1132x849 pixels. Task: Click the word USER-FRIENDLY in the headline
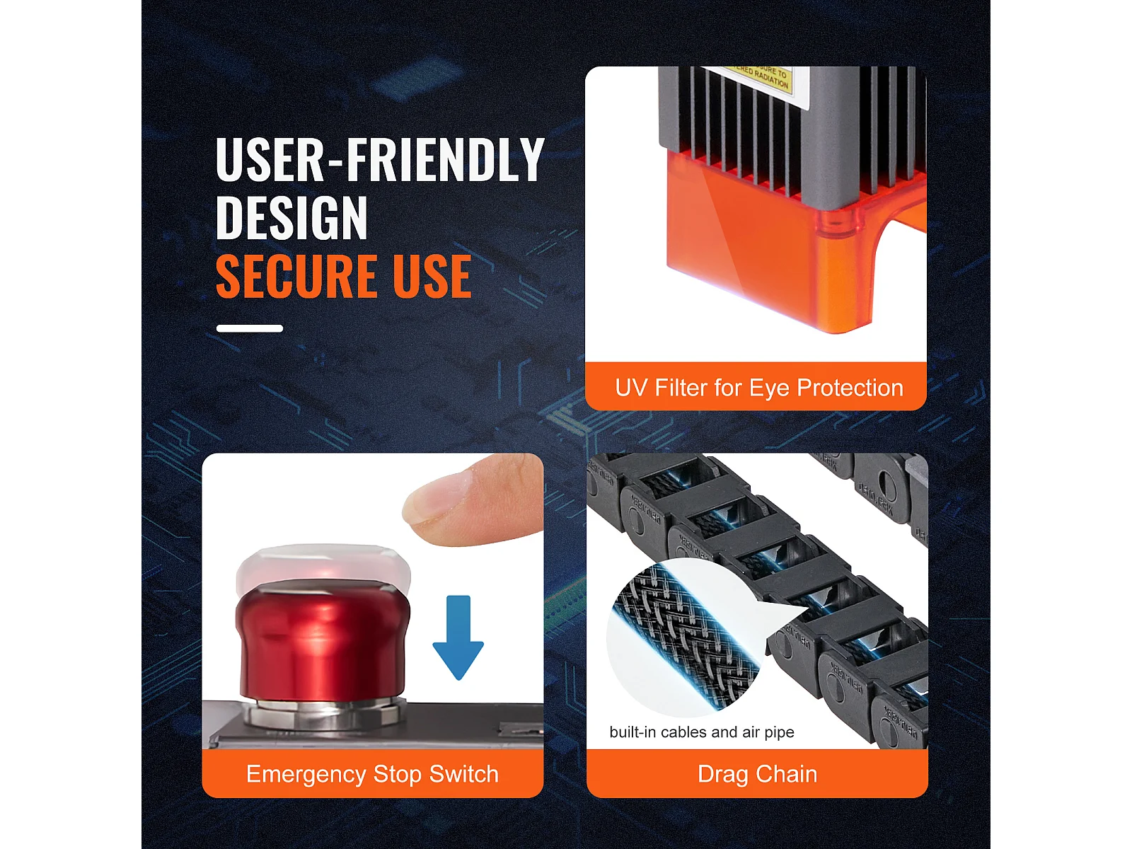(380, 160)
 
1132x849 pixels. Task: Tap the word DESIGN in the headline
(291, 218)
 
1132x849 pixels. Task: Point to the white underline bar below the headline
(250, 328)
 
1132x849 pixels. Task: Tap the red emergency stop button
(322, 640)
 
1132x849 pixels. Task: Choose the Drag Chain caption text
(757, 774)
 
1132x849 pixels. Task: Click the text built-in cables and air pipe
(702, 732)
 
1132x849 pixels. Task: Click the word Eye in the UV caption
(769, 388)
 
